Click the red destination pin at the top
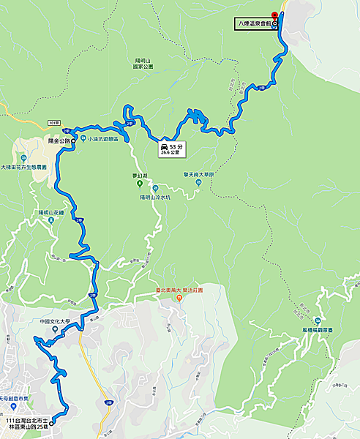274,15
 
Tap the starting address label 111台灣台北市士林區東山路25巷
26,426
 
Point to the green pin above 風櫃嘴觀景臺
318,322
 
